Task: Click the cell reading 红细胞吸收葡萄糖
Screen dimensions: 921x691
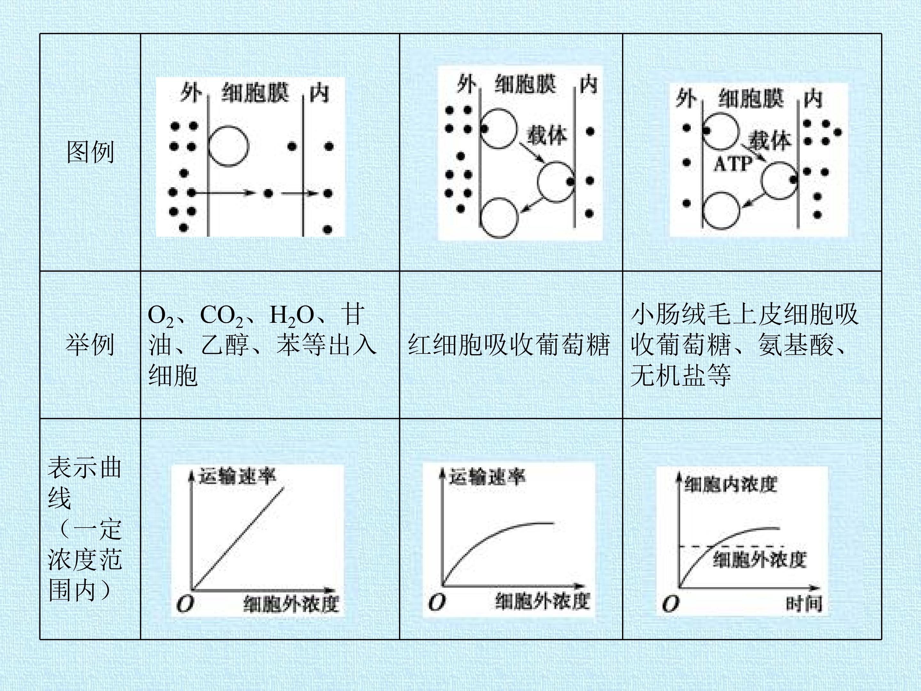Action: click(509, 345)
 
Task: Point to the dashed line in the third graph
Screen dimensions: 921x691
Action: click(732, 546)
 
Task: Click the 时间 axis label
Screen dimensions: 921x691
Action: click(804, 604)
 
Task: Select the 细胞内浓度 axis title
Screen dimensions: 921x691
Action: click(731, 484)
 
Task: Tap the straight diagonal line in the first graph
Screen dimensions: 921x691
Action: click(238, 538)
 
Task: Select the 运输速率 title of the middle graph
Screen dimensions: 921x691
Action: click(487, 476)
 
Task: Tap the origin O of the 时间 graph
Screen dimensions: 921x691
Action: click(670, 604)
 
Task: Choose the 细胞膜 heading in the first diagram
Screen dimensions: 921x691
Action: click(255, 92)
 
